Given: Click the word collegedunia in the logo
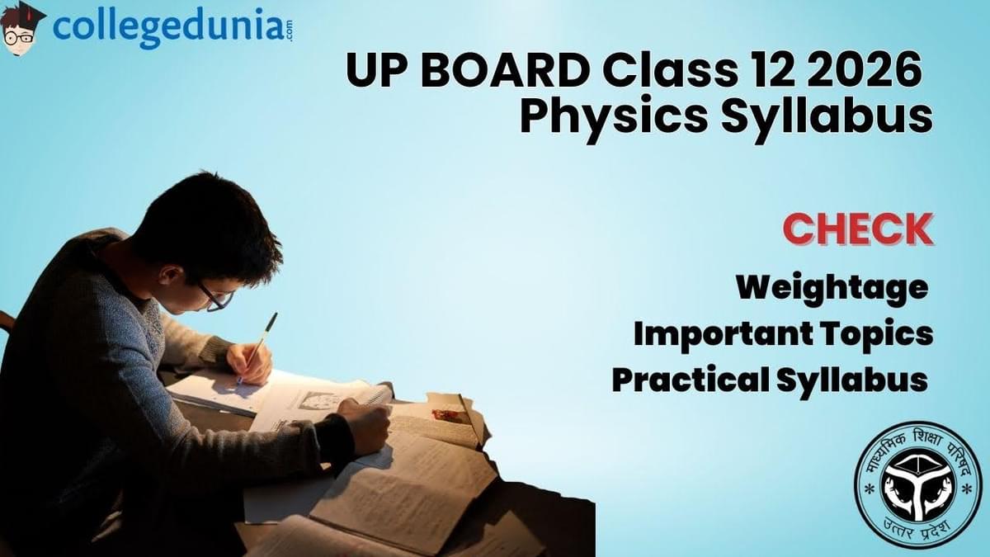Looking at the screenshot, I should [165, 28].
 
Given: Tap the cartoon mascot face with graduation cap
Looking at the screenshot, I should [21, 28].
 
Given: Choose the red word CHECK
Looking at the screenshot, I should [857, 229].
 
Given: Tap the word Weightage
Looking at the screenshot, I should [832, 287].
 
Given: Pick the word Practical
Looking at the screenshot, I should [688, 380].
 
